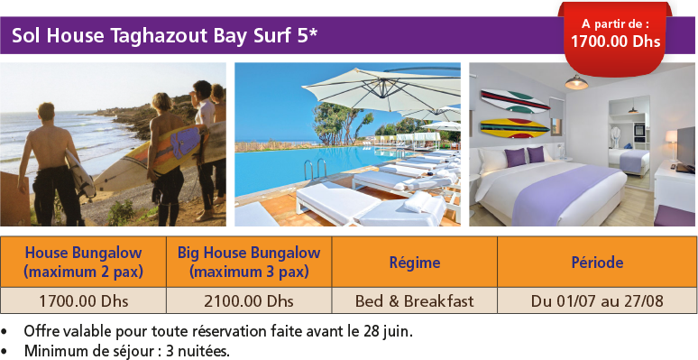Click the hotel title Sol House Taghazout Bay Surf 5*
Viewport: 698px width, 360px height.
click(x=165, y=36)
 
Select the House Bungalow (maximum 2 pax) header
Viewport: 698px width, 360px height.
click(x=83, y=262)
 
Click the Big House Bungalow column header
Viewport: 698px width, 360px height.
click(x=249, y=262)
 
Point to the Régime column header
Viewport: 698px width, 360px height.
click(x=415, y=263)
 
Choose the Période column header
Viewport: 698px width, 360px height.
click(x=597, y=263)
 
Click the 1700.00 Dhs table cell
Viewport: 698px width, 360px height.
click(x=83, y=300)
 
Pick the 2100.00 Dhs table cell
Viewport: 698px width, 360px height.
click(x=249, y=300)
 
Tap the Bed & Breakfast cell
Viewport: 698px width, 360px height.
click(x=415, y=300)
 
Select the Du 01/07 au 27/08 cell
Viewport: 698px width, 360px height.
click(x=597, y=300)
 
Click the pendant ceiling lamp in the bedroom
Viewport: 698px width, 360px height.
click(x=576, y=83)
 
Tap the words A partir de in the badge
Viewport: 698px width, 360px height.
click(x=614, y=23)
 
